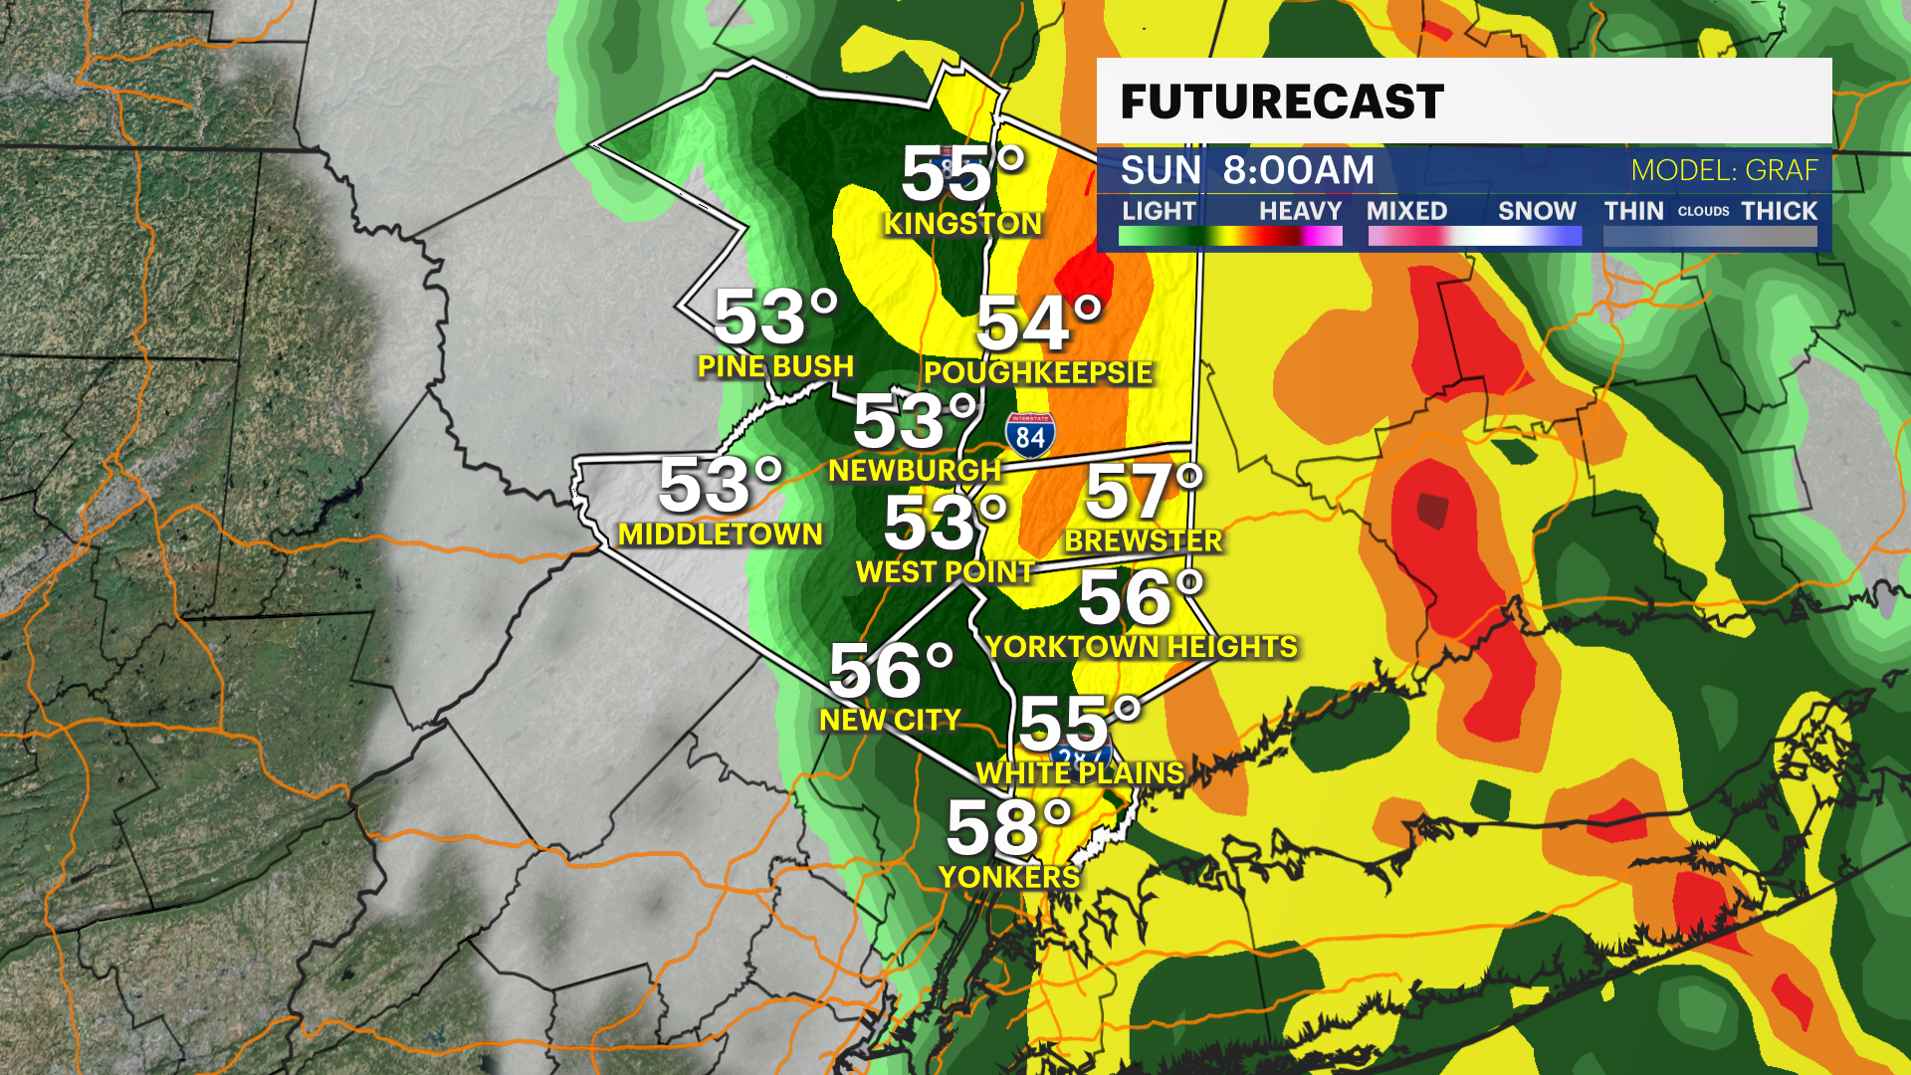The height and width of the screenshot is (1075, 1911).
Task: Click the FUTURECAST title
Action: click(1282, 102)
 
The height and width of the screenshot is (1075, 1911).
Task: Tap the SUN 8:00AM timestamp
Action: click(1247, 170)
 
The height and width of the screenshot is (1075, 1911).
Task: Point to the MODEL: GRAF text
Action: click(1724, 170)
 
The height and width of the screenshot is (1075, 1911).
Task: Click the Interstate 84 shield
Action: click(1029, 435)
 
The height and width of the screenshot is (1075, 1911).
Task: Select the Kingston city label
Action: click(962, 224)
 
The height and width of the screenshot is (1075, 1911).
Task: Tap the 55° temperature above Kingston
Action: click(962, 174)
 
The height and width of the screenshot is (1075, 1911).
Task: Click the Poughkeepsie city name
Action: click(1038, 372)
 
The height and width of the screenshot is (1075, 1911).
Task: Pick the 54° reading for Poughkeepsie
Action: click(1039, 323)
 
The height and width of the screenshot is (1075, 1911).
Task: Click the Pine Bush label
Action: click(775, 366)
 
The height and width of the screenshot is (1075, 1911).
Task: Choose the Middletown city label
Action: click(721, 535)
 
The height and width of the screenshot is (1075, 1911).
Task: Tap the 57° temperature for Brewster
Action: click(1144, 492)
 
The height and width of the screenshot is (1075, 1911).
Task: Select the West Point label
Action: click(945, 572)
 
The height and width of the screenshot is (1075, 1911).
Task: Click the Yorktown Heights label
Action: click(1142, 647)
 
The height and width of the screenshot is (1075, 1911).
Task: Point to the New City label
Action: click(890, 720)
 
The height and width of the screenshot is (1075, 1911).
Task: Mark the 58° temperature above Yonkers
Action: click(1008, 828)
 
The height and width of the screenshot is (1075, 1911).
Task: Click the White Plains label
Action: click(1080, 773)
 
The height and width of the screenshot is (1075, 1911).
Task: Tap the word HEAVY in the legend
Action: click(1300, 211)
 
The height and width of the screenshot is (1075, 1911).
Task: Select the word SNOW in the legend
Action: click(1537, 211)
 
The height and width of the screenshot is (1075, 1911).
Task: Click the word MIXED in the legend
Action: click(1406, 211)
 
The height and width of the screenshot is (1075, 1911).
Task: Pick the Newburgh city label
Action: click(915, 470)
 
